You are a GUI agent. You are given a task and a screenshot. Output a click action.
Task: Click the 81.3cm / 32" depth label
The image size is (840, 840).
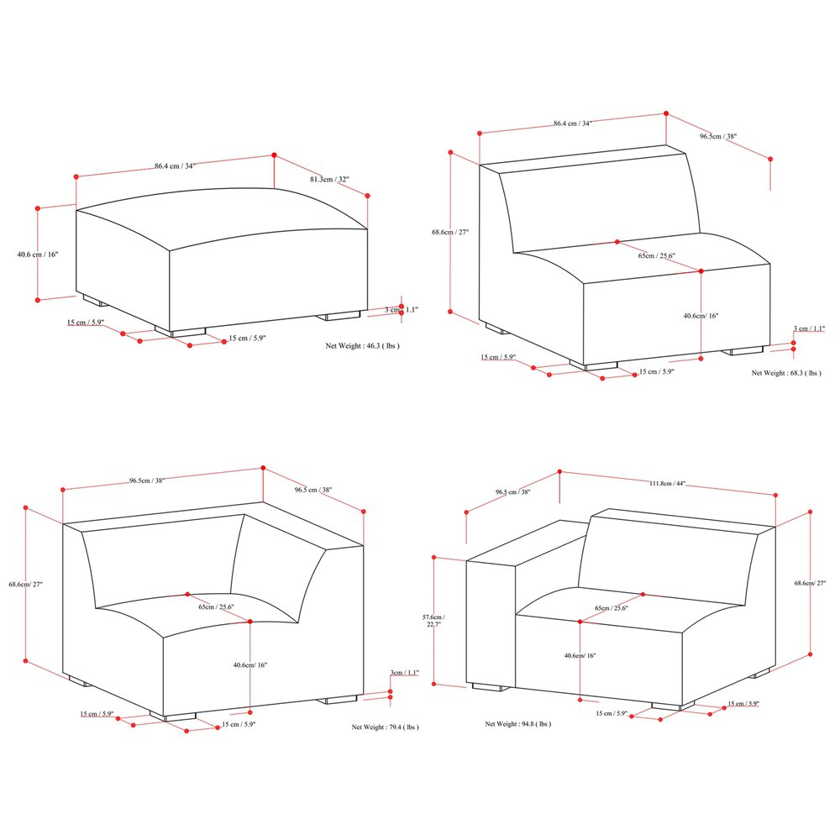(x=328, y=180)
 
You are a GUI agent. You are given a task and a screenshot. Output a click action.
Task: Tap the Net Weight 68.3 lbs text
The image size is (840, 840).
(x=785, y=372)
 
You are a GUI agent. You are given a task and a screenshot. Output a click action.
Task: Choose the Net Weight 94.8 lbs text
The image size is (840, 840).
(x=518, y=723)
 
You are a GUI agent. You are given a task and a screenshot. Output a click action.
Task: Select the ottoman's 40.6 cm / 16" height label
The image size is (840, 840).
(x=37, y=254)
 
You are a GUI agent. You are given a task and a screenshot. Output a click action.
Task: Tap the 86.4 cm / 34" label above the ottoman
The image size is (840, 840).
(x=175, y=165)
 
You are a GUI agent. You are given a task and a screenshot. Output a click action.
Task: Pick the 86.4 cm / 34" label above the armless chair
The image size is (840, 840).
(x=572, y=123)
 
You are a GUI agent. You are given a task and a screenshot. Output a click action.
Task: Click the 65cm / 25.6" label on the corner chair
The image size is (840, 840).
(x=216, y=606)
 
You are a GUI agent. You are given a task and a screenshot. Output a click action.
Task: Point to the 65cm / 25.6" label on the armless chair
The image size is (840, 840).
(x=656, y=255)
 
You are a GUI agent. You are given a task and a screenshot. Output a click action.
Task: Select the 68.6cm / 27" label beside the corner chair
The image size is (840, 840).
(x=25, y=584)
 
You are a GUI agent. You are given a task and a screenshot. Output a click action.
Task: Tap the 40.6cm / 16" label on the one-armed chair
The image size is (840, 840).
(x=580, y=655)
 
